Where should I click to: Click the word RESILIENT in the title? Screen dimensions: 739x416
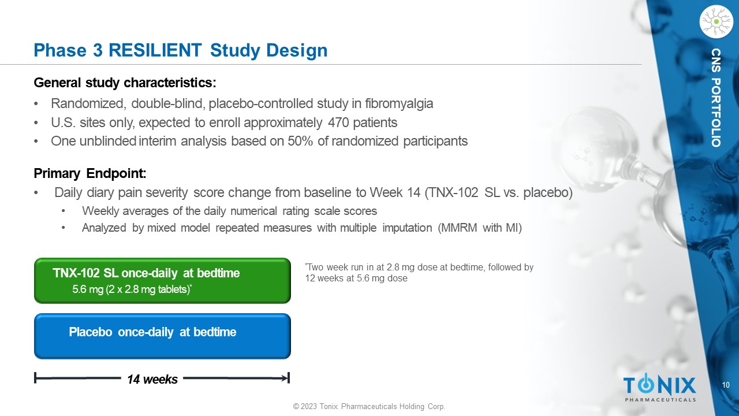155,50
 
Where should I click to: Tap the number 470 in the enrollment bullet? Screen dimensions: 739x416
338,122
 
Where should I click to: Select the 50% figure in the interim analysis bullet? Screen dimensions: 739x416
300,141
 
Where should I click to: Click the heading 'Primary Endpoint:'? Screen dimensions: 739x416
90,173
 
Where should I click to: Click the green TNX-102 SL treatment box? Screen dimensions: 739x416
162,281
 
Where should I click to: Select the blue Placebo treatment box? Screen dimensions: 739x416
162,336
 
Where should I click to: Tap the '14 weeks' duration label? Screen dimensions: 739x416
152,380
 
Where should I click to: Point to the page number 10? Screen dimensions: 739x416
726,385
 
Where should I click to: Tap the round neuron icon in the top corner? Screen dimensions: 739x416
716,22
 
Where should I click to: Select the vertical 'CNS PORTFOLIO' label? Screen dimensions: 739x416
716,98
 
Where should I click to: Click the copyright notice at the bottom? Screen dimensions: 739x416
369,406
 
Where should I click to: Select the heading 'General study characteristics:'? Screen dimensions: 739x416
125,83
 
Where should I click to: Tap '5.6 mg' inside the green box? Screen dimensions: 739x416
88,289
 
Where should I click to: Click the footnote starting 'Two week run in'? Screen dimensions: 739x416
419,272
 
